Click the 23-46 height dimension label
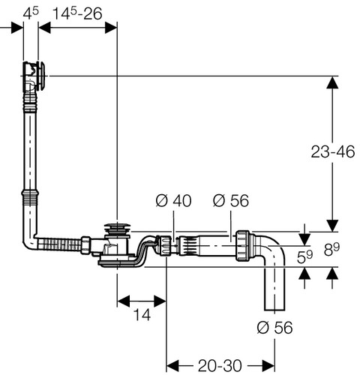click(333, 151)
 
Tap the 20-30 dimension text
click(220, 366)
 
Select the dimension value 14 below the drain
click(142, 314)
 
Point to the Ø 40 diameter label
click(173, 200)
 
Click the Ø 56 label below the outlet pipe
click(274, 327)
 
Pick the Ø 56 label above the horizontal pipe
click(231, 200)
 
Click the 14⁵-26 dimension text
click(78, 13)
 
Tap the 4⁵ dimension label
click(31, 13)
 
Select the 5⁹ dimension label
click(304, 256)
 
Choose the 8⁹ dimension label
click(331, 249)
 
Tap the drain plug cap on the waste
click(117, 228)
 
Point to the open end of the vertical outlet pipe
click(274, 310)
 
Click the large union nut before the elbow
click(242, 246)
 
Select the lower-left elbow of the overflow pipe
click(30, 241)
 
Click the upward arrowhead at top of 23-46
click(332, 82)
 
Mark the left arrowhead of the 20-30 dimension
click(172, 366)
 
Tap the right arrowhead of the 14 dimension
click(160, 301)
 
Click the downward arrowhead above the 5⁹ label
click(304, 239)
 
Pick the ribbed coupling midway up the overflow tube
click(30, 198)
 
